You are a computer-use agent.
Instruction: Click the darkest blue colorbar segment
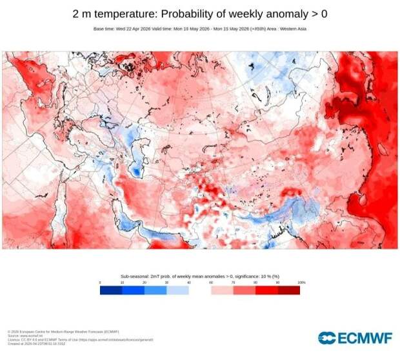pyautogui.click(x=111, y=290)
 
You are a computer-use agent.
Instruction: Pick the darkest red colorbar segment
pyautogui.click(x=288, y=290)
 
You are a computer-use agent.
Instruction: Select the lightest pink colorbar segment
pyautogui.click(x=222, y=290)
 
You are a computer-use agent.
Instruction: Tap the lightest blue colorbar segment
pyautogui.click(x=177, y=290)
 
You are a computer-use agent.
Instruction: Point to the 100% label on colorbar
pyautogui.click(x=301, y=283)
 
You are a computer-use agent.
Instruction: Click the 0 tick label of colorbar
pyautogui.click(x=100, y=283)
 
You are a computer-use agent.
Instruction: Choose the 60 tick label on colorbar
pyautogui.click(x=211, y=283)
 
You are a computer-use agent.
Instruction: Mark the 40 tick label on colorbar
pyautogui.click(x=189, y=283)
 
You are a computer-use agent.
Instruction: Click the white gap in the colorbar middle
pyautogui.click(x=200, y=290)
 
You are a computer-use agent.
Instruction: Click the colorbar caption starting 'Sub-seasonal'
pyautogui.click(x=200, y=275)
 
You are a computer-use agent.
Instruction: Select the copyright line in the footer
pyautogui.click(x=45, y=331)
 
